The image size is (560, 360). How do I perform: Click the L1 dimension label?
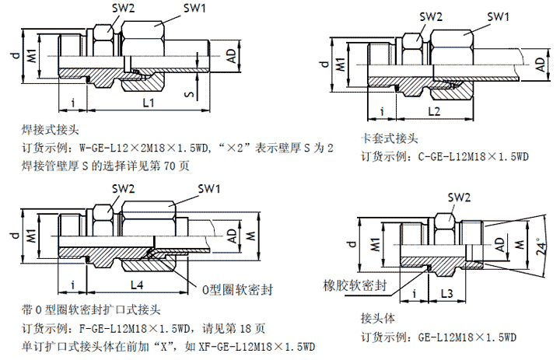[149, 103]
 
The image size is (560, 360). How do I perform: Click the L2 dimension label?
[435, 112]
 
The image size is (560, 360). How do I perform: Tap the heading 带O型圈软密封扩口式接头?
[92, 309]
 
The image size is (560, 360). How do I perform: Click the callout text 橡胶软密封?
[355, 285]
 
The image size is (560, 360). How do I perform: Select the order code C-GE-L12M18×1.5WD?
[474, 156]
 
